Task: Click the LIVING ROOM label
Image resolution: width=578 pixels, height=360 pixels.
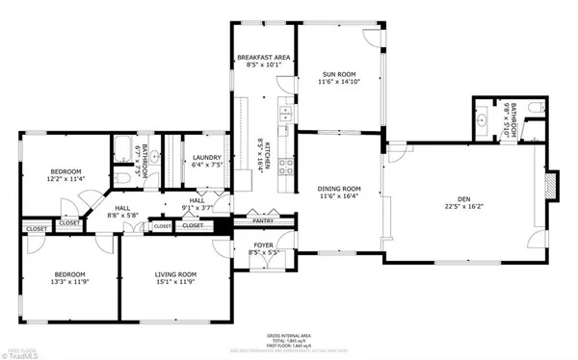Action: pyautogui.click(x=175, y=275)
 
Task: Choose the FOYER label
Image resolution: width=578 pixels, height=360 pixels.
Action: pyautogui.click(x=263, y=245)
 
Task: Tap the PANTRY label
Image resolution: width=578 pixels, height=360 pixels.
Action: pyautogui.click(x=263, y=221)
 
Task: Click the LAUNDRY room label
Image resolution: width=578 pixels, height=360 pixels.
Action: pyautogui.click(x=207, y=158)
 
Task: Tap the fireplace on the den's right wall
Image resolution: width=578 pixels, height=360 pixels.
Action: pyautogui.click(x=553, y=186)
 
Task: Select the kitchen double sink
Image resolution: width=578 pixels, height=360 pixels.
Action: pyautogui.click(x=286, y=116)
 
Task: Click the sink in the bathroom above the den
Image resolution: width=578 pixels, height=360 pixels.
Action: pyautogui.click(x=481, y=120)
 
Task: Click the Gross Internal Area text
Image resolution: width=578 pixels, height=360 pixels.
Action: pyautogui.click(x=289, y=334)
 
